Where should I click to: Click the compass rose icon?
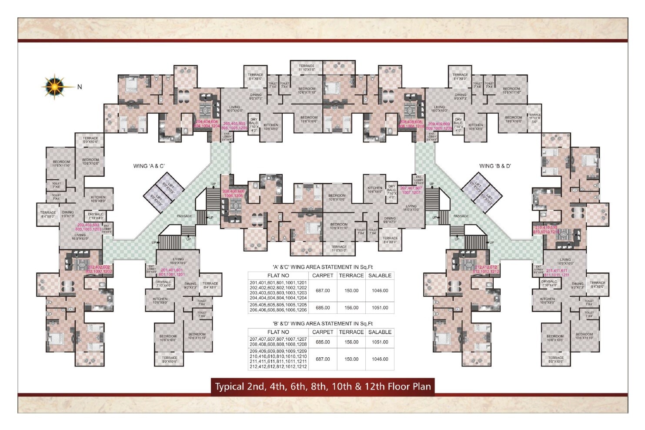pos(55,86)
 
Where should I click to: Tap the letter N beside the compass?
pos(80,87)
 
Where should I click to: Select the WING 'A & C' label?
pos(149,166)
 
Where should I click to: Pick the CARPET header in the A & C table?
pos(323,275)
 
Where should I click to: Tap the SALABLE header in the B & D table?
pos(380,332)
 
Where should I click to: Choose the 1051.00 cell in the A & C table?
pos(380,308)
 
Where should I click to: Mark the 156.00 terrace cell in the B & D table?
pos(351,342)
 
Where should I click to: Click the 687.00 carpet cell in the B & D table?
pos(323,359)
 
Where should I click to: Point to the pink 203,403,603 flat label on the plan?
pos(88,227)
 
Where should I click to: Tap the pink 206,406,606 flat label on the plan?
pos(234,194)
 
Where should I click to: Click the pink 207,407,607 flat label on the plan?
pos(411,190)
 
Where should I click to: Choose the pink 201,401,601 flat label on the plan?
pos(172,272)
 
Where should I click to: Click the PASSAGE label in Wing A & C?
pos(184,216)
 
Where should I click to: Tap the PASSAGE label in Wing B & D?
pos(461,216)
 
